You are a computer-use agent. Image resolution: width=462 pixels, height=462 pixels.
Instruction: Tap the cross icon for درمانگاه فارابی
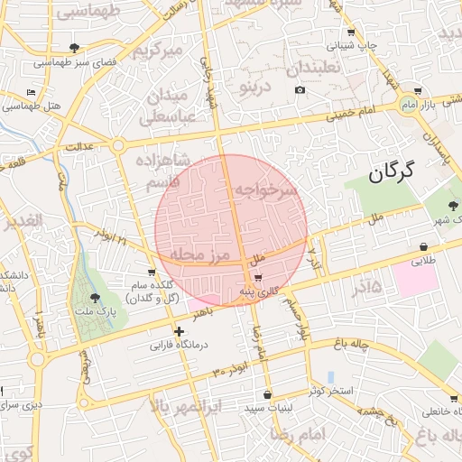click(179, 331)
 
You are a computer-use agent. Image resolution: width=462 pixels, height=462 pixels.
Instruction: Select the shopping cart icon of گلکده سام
click(152, 273)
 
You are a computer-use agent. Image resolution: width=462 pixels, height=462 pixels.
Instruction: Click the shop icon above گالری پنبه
click(259, 277)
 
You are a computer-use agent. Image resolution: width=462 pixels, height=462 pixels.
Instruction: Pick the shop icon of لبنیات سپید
click(267, 394)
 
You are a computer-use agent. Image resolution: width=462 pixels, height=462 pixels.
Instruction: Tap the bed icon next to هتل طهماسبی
click(32, 92)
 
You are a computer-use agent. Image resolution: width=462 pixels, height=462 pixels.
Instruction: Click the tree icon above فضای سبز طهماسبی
click(74, 48)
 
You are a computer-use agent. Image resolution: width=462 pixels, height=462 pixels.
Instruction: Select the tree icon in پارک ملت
click(96, 298)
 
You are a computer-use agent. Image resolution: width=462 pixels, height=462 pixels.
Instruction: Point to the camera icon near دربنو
click(300, 89)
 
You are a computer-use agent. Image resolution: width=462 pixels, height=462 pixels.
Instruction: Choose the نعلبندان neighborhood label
click(313, 69)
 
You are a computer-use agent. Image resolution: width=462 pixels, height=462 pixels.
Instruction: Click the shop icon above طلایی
click(422, 247)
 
